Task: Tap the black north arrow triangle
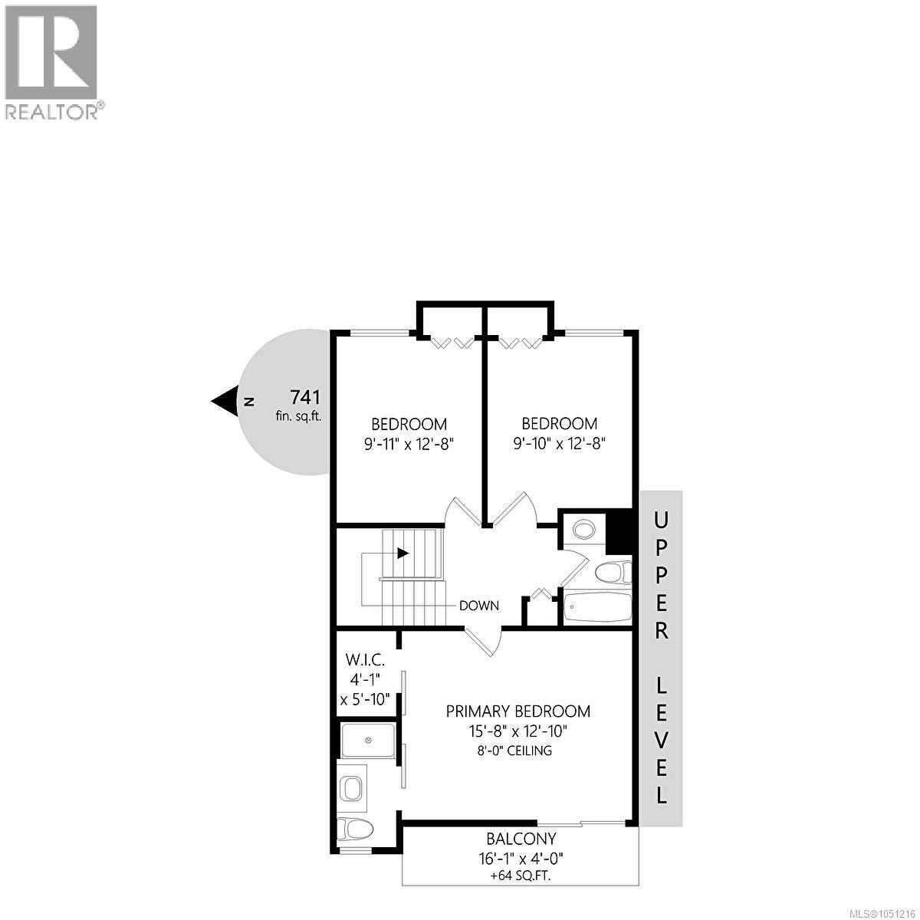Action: [x=225, y=400]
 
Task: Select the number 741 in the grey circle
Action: [x=305, y=397]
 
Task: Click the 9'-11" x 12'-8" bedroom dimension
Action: [x=409, y=445]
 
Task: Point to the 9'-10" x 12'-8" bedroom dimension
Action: [x=559, y=445]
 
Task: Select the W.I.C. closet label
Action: [x=365, y=661]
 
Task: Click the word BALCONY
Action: [x=521, y=839]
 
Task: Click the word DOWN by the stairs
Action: [x=479, y=606]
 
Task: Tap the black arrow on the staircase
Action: [x=403, y=554]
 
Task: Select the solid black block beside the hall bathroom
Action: [x=619, y=531]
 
